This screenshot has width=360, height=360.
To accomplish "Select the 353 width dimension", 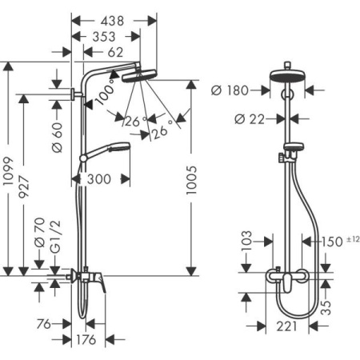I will [105, 36].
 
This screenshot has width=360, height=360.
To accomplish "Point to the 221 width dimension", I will [286, 326].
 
